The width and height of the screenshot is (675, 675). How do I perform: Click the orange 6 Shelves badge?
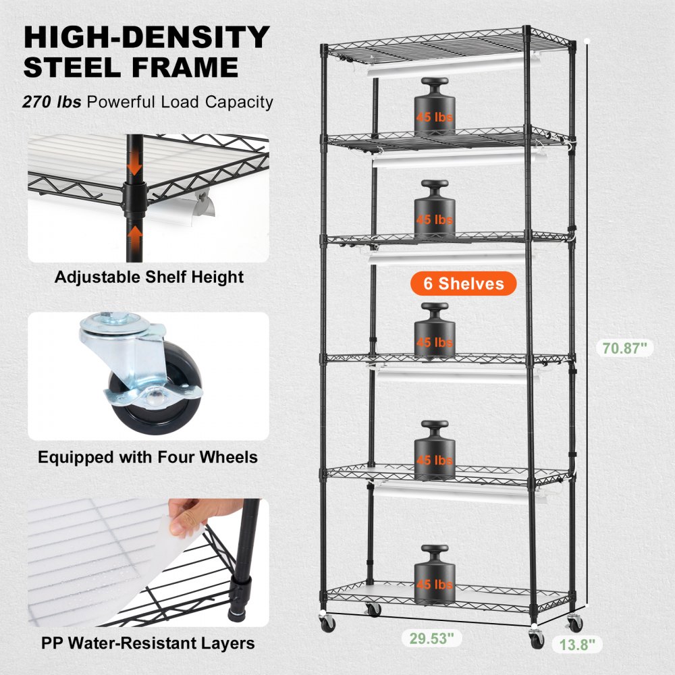click(464, 283)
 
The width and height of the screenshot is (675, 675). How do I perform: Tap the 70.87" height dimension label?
click(626, 348)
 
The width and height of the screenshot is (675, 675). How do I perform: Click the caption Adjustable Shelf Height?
click(148, 277)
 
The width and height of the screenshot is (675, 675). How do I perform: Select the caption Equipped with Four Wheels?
click(147, 457)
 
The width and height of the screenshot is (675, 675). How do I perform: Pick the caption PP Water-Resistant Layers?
click(147, 642)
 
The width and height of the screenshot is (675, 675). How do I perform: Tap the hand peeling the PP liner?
click(196, 519)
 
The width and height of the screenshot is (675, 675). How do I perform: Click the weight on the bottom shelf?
click(434, 573)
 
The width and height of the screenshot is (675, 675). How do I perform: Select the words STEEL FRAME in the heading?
click(131, 68)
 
